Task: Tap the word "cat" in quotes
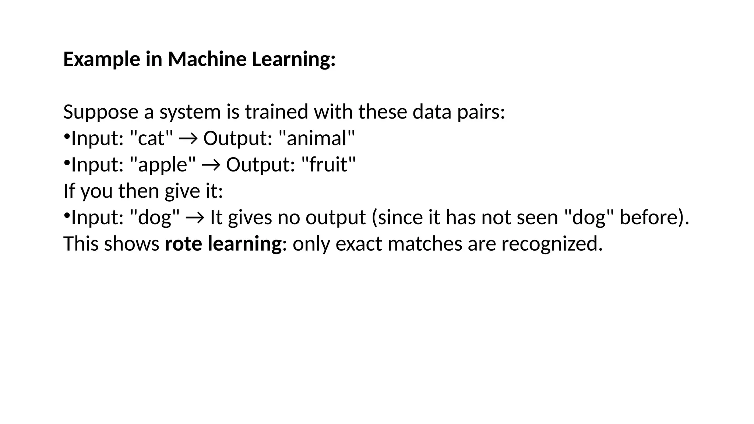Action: tap(152, 138)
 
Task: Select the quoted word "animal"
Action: tap(317, 138)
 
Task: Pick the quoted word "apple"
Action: tap(163, 165)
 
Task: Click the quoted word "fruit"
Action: tap(328, 165)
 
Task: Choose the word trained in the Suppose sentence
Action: tap(276, 112)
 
